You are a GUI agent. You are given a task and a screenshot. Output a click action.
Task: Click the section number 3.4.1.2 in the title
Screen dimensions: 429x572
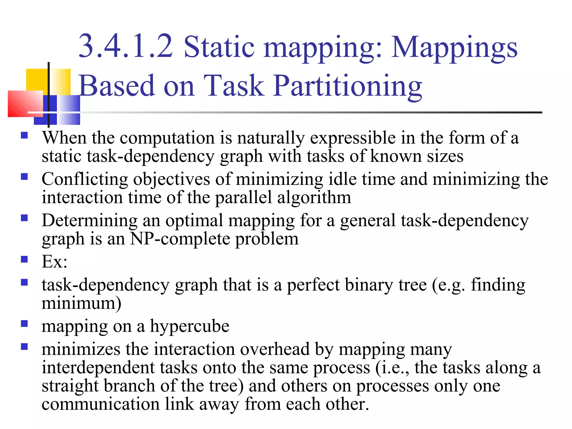click(126, 46)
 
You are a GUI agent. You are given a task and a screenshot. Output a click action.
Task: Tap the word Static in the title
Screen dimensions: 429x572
click(219, 47)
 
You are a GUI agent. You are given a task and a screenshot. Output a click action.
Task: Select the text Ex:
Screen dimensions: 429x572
click(54, 262)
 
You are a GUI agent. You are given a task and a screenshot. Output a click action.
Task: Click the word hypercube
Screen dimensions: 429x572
click(190, 326)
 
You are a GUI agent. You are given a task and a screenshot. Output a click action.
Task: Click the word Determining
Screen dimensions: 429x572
click(90, 220)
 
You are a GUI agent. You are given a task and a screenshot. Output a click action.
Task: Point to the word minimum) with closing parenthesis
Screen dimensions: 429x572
click(81, 303)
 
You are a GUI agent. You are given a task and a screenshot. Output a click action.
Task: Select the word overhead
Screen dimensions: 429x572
click(275, 349)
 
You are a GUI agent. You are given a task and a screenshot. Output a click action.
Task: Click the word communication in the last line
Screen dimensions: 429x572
click(100, 404)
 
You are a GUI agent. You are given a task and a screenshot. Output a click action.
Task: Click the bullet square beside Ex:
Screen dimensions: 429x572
click(24, 259)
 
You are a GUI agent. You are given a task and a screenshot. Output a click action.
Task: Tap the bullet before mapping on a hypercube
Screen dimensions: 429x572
click(24, 324)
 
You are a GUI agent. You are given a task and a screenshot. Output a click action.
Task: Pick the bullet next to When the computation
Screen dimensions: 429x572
click(24, 135)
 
